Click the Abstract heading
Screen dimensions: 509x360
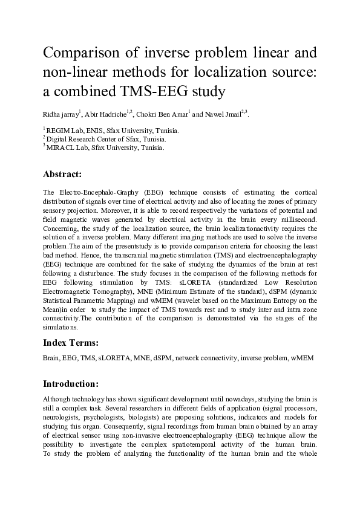pyautogui.click(x=62, y=174)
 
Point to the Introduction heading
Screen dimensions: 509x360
pyautogui.click(x=71, y=383)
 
